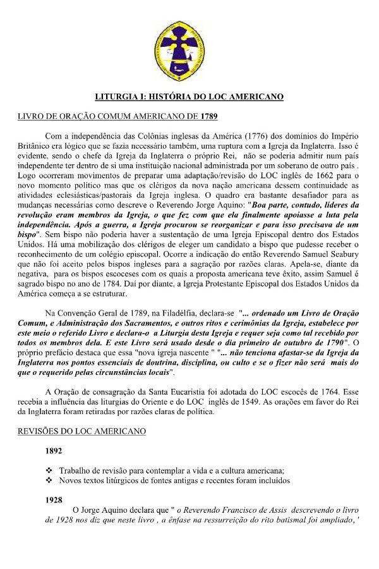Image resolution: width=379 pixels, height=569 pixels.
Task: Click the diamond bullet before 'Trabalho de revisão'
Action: (49, 470)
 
